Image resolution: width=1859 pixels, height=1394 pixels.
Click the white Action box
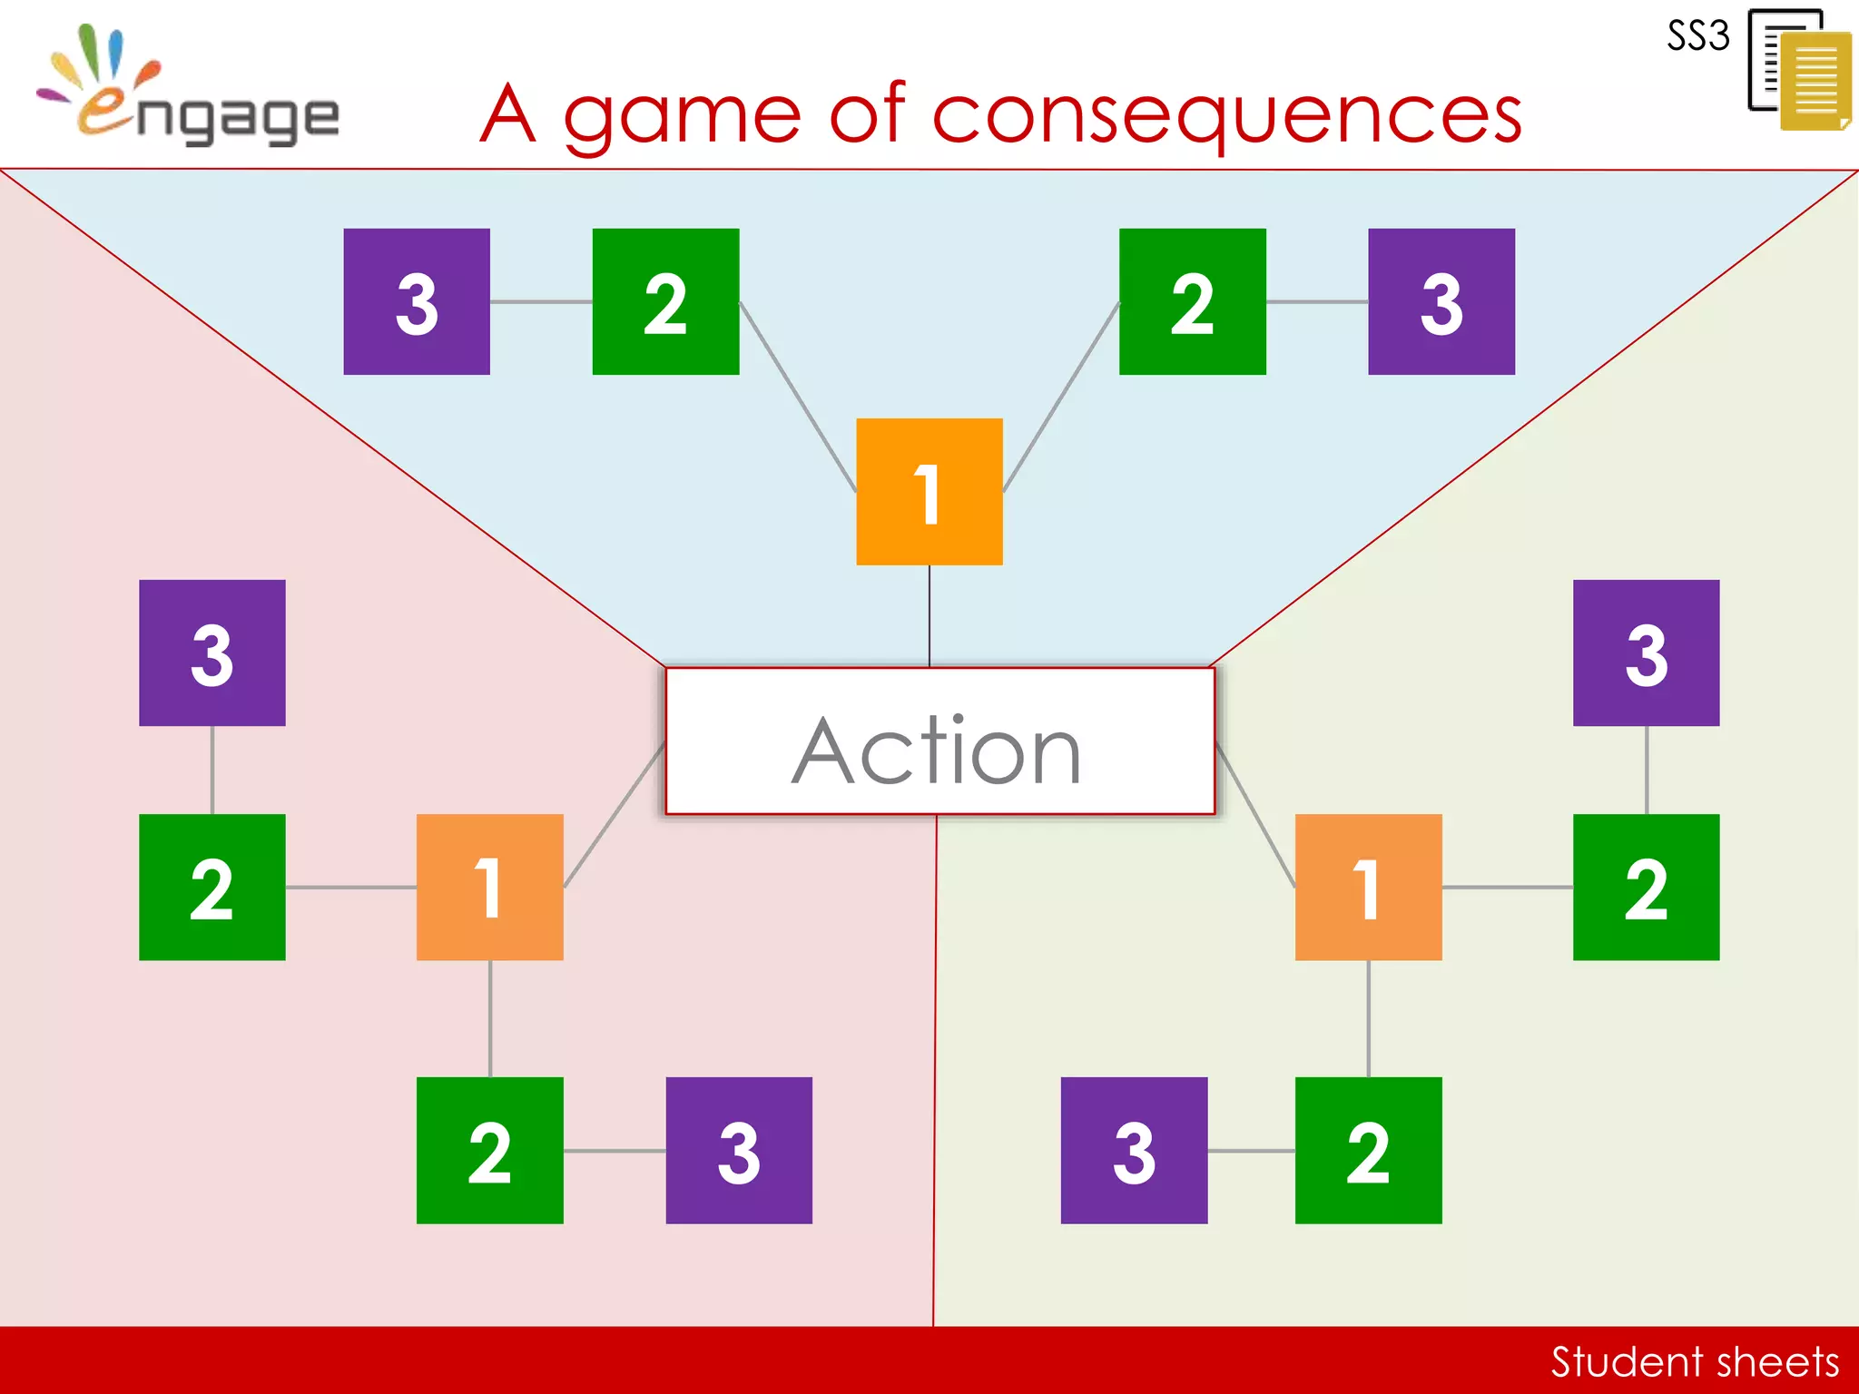939,741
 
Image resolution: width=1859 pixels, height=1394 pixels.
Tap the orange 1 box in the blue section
929,492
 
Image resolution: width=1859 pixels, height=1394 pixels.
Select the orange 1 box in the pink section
489,887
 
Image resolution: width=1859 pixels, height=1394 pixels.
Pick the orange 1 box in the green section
1368,887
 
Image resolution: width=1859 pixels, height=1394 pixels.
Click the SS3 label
1698,36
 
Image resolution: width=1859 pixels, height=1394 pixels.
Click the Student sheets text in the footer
1694,1361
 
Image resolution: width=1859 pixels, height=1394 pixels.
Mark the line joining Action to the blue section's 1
929,616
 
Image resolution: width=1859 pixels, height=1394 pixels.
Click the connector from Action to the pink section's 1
615,814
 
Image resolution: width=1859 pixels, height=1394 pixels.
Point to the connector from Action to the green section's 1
1255,814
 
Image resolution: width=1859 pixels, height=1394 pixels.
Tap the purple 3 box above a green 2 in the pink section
211,653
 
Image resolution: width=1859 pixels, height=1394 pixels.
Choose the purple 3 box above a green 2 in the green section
1646,653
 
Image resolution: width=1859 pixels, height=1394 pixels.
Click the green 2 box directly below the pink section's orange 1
489,1150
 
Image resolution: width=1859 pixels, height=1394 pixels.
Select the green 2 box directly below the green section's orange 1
1368,1150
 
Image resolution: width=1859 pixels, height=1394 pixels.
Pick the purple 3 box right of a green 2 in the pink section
739,1150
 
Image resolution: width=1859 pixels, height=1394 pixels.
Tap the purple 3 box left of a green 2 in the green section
1134,1150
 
